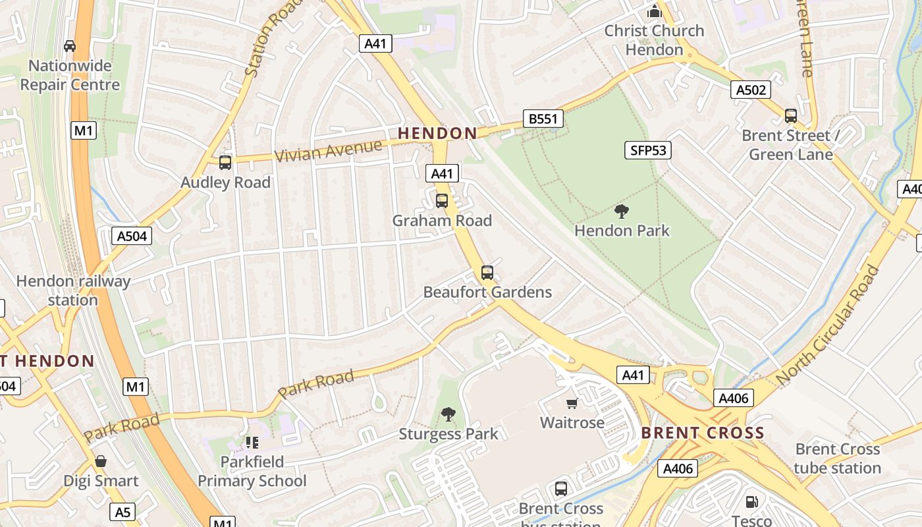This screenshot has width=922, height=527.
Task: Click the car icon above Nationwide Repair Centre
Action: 69,46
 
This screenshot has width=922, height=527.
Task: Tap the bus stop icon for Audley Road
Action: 225,162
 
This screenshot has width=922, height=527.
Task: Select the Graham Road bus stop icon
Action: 442,200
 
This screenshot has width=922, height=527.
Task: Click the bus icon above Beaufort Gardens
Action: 487,272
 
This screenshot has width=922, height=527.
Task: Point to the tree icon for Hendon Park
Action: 621,211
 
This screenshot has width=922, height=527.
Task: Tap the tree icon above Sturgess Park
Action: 448,414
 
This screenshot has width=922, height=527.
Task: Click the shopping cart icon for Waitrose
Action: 572,403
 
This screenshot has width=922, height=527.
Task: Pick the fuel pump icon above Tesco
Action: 751,502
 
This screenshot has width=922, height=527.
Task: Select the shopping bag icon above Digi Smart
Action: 101,461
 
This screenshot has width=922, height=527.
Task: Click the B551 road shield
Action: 543,119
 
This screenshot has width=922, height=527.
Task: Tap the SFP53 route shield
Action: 648,150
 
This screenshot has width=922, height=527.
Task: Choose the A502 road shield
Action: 751,90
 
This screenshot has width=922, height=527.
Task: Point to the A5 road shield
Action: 123,512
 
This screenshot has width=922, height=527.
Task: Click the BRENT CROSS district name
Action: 703,433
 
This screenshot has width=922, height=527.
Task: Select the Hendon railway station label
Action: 73,291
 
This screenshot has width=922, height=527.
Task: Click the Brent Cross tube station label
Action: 837,458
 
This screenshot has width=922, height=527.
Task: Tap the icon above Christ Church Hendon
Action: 654,11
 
